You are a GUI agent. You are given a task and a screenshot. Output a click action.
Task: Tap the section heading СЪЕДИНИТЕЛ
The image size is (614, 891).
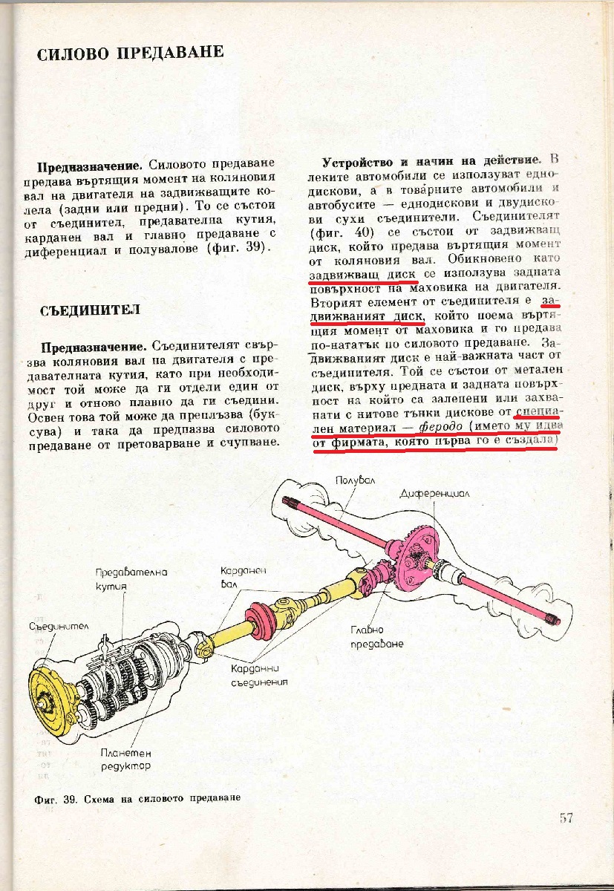click(90, 310)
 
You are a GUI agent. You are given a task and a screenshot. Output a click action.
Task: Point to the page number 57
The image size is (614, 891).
click(566, 818)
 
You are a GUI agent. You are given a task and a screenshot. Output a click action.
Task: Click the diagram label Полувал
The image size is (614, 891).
click(355, 480)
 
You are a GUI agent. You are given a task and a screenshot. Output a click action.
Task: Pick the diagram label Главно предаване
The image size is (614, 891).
click(377, 636)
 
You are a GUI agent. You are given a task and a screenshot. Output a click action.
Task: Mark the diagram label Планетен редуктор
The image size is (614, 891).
click(125, 759)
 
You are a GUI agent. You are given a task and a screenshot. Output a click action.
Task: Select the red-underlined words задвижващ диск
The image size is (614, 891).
click(352, 274)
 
